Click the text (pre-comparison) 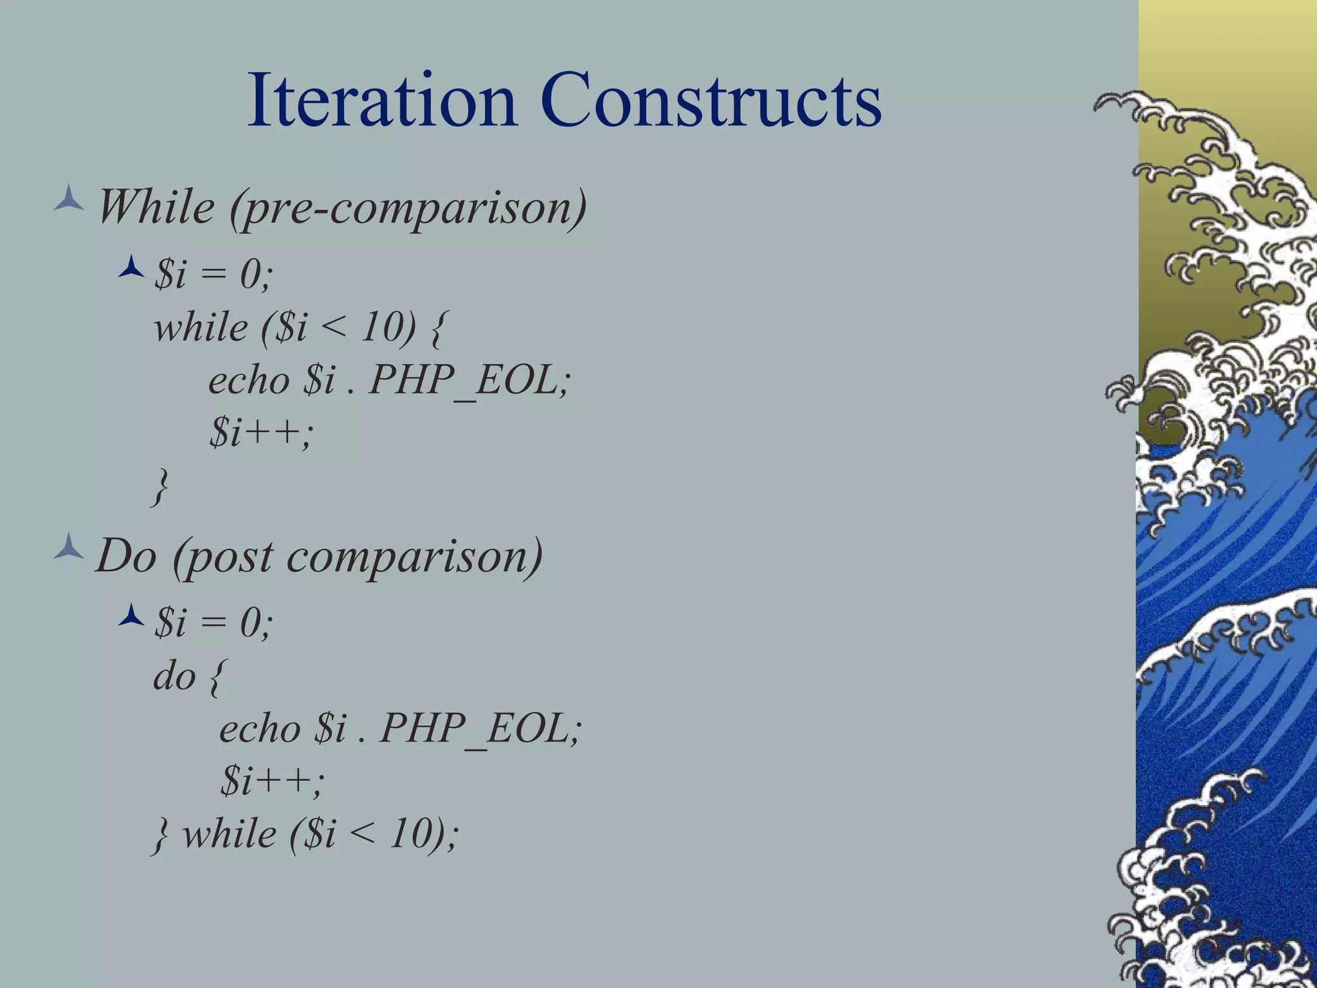(x=408, y=208)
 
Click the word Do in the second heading (x=126, y=556)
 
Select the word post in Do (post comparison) (x=223, y=557)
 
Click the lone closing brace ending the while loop (x=161, y=486)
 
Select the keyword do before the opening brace (x=174, y=677)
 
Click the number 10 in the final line (x=412, y=834)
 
